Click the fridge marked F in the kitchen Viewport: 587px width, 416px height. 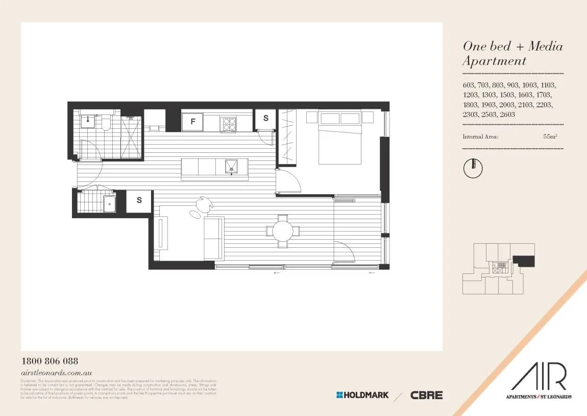coord(192,122)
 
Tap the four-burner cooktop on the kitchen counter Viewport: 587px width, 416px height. coord(228,124)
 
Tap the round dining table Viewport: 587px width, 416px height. coord(282,231)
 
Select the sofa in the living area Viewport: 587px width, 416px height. coord(213,238)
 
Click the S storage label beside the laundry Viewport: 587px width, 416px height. coord(139,201)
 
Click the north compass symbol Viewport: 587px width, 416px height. coord(473,168)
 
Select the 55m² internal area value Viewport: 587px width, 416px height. coord(550,137)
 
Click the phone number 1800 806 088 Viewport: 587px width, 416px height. coord(50,361)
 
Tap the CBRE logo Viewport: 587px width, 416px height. coord(426,395)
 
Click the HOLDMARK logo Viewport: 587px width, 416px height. coord(362,395)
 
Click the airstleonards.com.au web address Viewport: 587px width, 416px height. coord(56,374)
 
